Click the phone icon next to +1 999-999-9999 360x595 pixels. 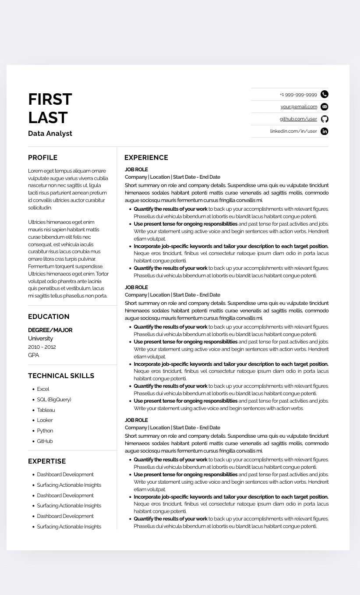click(x=324, y=94)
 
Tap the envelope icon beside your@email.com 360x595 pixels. click(x=324, y=106)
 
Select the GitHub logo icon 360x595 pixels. click(x=324, y=119)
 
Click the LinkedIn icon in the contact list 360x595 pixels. click(x=324, y=131)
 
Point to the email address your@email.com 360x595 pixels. click(x=299, y=106)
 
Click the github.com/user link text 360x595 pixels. click(x=298, y=119)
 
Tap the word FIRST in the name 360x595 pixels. click(x=50, y=99)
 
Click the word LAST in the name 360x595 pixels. click(x=48, y=117)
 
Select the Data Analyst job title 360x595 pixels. click(x=50, y=133)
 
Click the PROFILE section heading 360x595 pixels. click(x=42, y=158)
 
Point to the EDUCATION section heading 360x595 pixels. click(x=49, y=317)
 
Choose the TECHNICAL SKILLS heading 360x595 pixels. click(x=61, y=376)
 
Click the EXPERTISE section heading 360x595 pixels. click(x=47, y=461)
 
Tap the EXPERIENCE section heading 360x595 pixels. click(x=146, y=158)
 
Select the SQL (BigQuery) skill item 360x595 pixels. click(x=54, y=400)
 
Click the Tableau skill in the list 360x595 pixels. click(x=46, y=410)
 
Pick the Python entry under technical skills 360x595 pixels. click(x=45, y=431)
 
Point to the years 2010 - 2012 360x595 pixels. click(x=42, y=347)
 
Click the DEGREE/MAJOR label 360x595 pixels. click(x=50, y=330)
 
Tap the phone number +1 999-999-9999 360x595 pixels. click(x=298, y=95)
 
